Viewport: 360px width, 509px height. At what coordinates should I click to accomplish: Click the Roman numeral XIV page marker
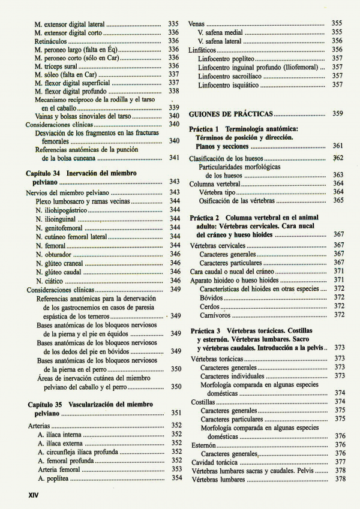(x=29, y=495)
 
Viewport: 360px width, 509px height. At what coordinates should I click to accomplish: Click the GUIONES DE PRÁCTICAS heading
(x=230, y=114)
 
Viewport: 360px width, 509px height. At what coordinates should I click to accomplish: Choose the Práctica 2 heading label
(x=205, y=217)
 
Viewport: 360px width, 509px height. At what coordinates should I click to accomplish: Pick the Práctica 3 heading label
(x=206, y=331)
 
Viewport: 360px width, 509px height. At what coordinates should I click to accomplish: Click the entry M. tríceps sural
(x=56, y=66)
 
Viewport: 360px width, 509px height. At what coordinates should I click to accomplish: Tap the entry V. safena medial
(x=220, y=32)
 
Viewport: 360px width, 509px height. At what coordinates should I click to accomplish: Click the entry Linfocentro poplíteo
(x=226, y=59)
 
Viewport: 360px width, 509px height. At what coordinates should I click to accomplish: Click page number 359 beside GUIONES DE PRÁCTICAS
(x=337, y=113)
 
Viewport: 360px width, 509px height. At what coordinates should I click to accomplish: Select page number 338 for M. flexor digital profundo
(x=174, y=91)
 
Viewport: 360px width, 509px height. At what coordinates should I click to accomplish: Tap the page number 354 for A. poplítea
(x=176, y=478)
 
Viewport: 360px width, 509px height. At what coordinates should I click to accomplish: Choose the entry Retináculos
(x=50, y=41)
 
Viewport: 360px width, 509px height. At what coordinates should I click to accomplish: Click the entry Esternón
(x=203, y=445)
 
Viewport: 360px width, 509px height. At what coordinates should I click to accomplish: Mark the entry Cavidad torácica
(x=214, y=462)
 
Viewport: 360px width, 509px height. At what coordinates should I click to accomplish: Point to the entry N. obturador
(x=53, y=254)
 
